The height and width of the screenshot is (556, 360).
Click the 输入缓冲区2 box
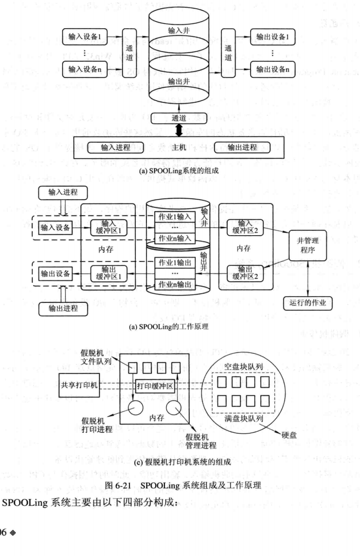click(x=241, y=226)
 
